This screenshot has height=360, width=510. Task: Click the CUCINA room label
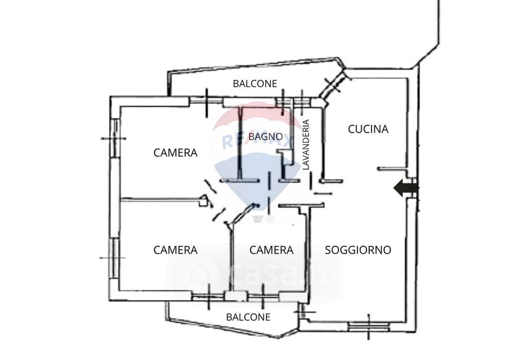[x=368, y=129]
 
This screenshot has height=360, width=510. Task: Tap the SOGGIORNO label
[x=358, y=250]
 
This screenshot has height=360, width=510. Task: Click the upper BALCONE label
[x=254, y=83]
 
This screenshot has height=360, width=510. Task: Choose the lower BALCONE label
[x=248, y=317]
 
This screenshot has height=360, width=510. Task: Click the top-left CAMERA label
[x=175, y=153]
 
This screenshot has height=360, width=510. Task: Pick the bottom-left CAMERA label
[x=175, y=250]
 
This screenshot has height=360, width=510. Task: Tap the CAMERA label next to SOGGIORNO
[x=271, y=250]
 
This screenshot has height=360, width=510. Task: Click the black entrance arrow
[x=405, y=188]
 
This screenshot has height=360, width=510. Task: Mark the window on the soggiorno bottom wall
[x=368, y=326]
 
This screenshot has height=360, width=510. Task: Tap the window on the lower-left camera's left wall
[x=113, y=257]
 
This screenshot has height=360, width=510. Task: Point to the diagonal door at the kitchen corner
[x=332, y=87]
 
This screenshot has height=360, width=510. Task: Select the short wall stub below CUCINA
[x=393, y=169]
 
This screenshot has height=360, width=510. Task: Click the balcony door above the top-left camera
[x=208, y=101]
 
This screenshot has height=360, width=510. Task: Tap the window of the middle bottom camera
[x=262, y=295]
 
